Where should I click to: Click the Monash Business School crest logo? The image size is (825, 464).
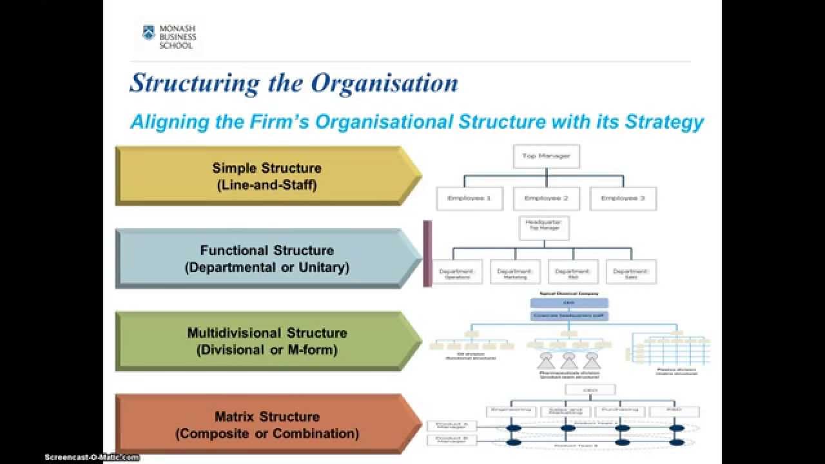[148, 34]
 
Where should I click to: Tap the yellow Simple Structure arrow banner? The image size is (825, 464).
[267, 176]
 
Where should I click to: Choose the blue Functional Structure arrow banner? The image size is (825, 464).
[267, 258]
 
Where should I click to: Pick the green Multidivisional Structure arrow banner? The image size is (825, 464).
[267, 341]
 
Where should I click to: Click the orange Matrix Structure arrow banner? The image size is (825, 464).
[267, 425]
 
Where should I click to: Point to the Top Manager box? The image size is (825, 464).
[546, 156]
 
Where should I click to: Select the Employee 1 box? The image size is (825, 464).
[469, 198]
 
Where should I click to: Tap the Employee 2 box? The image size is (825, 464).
[546, 198]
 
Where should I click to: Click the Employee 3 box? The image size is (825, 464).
[623, 198]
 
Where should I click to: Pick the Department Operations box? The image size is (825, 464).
[457, 272]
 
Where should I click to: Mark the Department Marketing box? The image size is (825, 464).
[515, 272]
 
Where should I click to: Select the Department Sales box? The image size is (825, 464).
[631, 272]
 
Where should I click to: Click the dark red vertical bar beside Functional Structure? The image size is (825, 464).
[427, 253]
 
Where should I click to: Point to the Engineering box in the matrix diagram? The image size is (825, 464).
[511, 411]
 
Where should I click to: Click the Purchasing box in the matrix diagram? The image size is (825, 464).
[621, 411]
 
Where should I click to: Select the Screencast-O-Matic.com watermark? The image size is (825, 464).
[92, 457]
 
